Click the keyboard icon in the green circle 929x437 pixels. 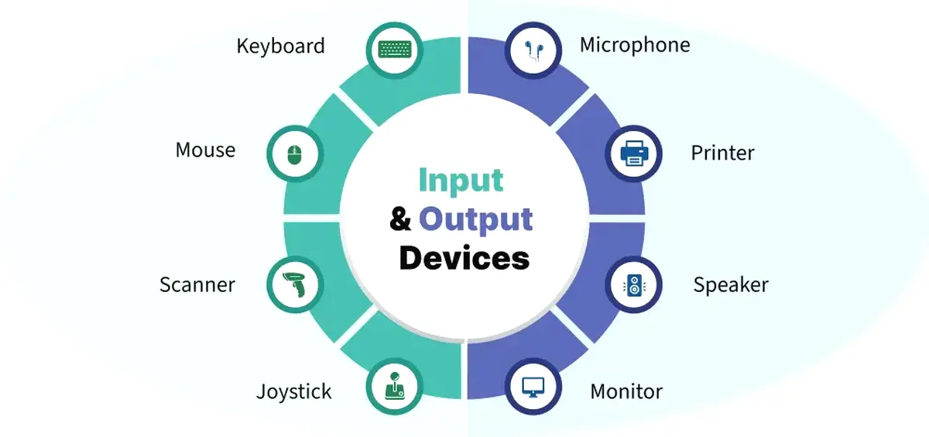(x=395, y=50)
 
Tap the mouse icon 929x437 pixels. (x=295, y=155)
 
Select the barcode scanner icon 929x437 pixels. (x=294, y=284)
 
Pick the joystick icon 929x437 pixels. (x=394, y=386)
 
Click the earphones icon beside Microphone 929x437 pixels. (x=533, y=50)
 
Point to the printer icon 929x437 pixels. (x=634, y=153)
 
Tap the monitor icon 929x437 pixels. (x=533, y=387)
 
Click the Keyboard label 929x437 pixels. (x=281, y=46)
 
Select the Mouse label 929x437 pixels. (x=205, y=150)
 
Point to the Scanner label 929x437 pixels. (x=197, y=284)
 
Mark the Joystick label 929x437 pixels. (x=294, y=391)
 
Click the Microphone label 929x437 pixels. (x=635, y=45)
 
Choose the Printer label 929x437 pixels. (x=723, y=153)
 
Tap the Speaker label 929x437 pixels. (x=731, y=285)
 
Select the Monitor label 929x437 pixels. (x=626, y=391)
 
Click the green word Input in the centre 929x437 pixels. (x=461, y=181)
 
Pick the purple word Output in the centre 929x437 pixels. (x=475, y=219)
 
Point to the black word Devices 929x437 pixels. (x=464, y=258)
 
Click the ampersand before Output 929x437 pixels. (x=400, y=218)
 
